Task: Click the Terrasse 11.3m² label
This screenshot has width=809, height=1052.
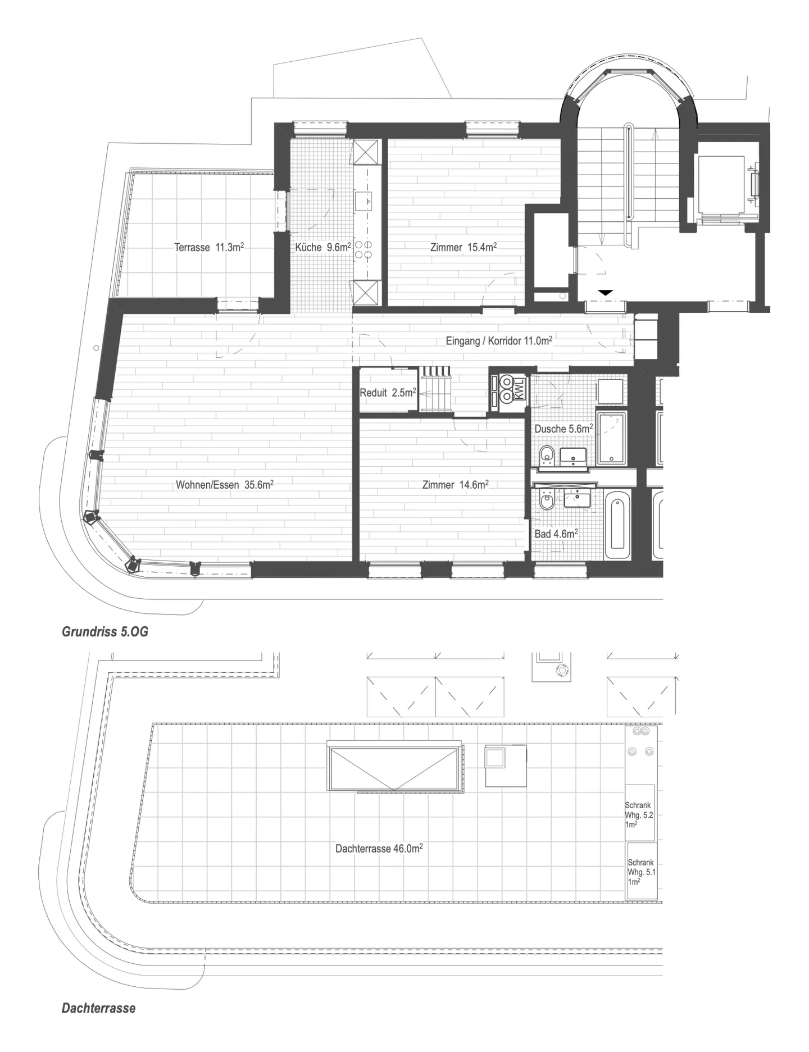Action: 209,247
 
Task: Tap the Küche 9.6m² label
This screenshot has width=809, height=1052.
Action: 323,247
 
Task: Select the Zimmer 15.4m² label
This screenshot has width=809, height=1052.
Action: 463,247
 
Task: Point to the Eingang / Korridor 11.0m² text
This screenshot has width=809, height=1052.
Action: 499,341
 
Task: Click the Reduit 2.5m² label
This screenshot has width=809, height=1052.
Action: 388,393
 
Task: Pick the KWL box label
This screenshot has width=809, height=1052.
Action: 520,389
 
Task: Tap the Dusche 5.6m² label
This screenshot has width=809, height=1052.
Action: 563,429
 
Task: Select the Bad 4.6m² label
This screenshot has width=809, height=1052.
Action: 556,534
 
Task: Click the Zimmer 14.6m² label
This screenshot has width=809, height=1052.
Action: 455,485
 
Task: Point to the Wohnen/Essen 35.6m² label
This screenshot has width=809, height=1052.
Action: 225,485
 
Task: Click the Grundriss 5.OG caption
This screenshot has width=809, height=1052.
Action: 105,632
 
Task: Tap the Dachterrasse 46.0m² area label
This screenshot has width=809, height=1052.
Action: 379,849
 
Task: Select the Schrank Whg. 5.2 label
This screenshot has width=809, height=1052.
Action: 639,815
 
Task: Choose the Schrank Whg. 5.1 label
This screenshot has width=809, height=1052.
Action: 642,872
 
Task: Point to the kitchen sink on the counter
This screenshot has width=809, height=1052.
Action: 367,200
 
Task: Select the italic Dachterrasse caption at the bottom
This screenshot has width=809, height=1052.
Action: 99,1008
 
